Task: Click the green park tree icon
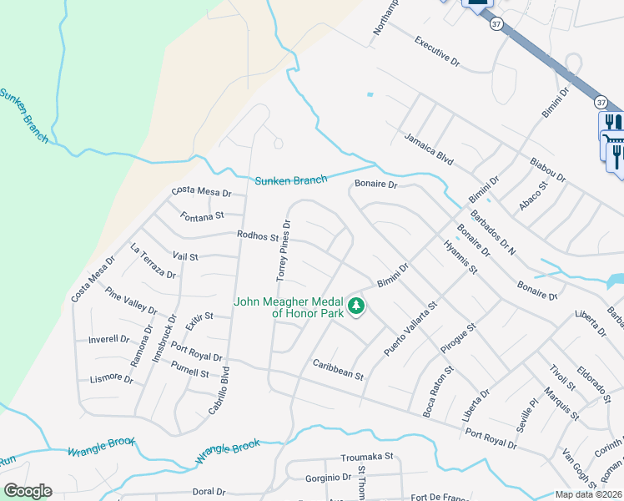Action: (357, 306)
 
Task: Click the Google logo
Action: (28, 491)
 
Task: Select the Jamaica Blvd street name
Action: (428, 149)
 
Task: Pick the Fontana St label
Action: (203, 215)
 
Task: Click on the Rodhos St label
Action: (257, 236)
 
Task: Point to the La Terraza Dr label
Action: (153, 262)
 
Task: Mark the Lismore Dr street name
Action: (111, 379)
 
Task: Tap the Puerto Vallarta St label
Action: (410, 329)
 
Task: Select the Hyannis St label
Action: (460, 258)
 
